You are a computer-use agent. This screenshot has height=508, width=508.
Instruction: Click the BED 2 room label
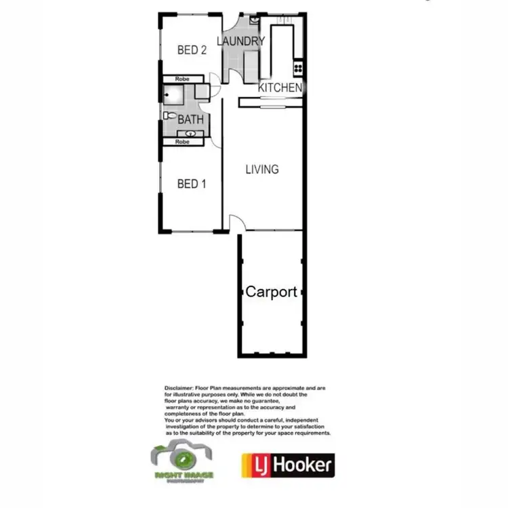tap(192, 50)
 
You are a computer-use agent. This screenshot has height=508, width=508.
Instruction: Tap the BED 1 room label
tap(192, 184)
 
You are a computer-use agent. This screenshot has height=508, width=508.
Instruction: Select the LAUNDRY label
tap(240, 41)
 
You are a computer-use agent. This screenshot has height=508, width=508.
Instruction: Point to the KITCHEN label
tap(280, 87)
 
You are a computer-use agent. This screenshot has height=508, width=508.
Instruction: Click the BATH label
tap(191, 120)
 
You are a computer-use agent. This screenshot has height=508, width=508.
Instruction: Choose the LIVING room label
tap(262, 169)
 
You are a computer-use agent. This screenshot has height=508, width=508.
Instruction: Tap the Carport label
tap(271, 292)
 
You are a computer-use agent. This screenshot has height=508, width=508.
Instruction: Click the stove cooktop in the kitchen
tap(296, 68)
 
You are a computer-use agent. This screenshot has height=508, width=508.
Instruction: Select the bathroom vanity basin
tap(192, 133)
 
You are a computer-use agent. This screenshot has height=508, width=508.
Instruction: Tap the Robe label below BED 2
tap(181, 79)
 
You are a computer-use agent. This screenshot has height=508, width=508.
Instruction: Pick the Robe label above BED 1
tap(182, 142)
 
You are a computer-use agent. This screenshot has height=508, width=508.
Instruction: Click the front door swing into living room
tap(234, 223)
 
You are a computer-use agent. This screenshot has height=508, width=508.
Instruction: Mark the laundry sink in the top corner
tap(253, 20)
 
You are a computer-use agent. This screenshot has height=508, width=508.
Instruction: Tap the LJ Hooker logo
tap(287, 465)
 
